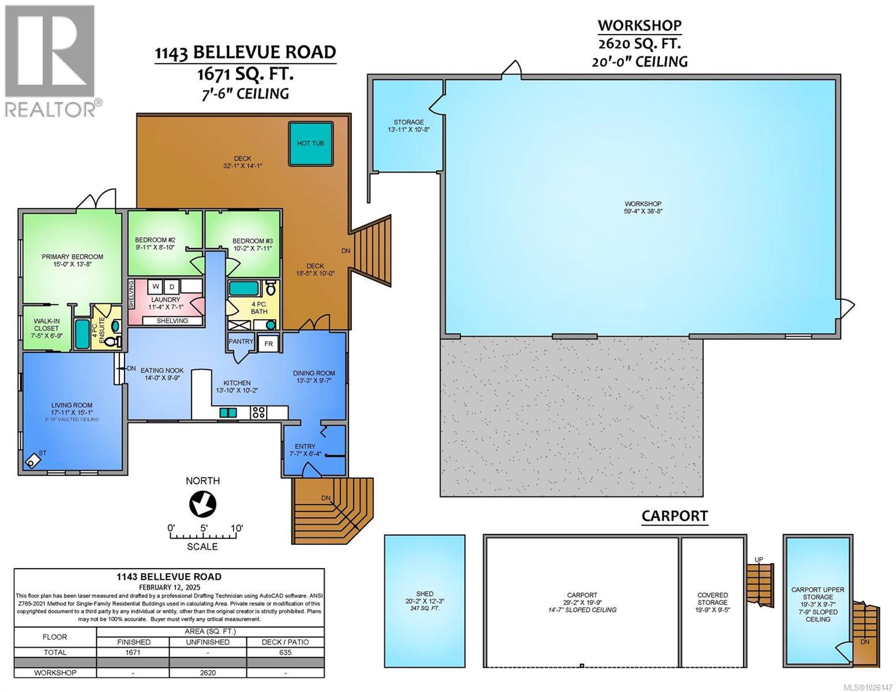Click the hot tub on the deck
[310, 144]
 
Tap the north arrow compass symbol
[203, 503]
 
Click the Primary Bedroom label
[72, 257]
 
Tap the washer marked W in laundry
[156, 287]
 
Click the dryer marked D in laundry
[171, 287]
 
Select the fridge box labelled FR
[268, 344]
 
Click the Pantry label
[241, 341]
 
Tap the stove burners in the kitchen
[258, 412]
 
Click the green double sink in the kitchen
[228, 412]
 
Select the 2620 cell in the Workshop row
[208, 672]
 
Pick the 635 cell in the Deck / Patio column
[285, 652]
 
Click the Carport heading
[674, 516]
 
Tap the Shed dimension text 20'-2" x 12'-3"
[425, 601]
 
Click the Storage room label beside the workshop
[408, 122]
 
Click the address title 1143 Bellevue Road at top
[245, 52]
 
